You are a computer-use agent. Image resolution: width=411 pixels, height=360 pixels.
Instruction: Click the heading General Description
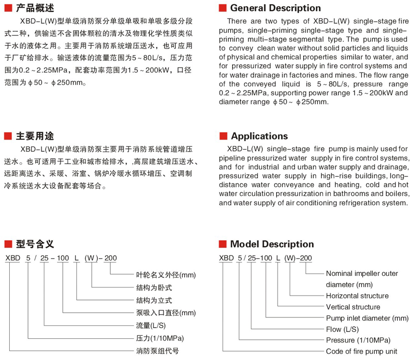pos(275,8)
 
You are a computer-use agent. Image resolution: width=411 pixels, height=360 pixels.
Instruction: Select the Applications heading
pos(259,136)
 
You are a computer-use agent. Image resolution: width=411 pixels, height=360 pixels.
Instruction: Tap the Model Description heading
pos(272,244)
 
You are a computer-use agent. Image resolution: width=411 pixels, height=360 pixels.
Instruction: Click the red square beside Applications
pos(223,136)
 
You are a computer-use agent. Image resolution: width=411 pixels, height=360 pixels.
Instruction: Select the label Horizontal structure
pos(357,296)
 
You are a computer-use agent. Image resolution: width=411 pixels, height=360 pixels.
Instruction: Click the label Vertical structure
pos(353,307)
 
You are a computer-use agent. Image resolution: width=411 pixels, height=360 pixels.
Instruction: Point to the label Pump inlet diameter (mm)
pos(367,318)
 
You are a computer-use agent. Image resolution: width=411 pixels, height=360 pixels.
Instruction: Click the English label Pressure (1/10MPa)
pos(358,340)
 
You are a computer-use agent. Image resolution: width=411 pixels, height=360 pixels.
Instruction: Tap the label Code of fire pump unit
pos(362,351)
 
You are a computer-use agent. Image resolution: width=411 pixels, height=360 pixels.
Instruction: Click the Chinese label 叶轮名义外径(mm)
pos(166,275)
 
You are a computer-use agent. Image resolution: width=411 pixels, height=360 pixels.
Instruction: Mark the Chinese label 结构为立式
pos(154,300)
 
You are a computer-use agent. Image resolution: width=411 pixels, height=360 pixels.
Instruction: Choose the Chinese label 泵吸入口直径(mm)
pos(166,313)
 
